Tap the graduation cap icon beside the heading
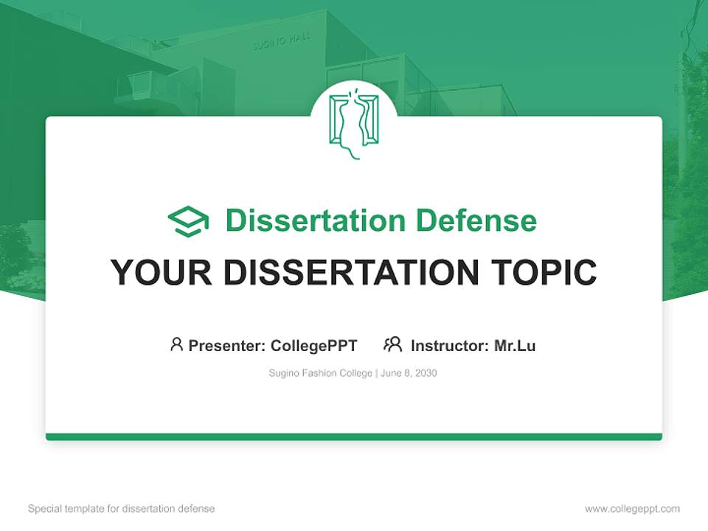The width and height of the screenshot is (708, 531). (188, 221)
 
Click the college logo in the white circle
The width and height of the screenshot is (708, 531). (353, 125)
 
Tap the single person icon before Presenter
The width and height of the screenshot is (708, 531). (176, 344)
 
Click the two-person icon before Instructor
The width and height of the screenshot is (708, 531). (392, 344)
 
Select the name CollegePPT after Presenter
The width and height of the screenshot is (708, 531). (314, 345)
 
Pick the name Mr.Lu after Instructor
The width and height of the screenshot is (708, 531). (515, 345)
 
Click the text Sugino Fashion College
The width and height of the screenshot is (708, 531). (321, 373)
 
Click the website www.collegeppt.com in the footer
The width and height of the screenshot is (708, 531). (632, 509)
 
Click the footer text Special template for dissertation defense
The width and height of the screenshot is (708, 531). (121, 509)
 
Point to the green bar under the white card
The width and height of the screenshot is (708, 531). (353, 437)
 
